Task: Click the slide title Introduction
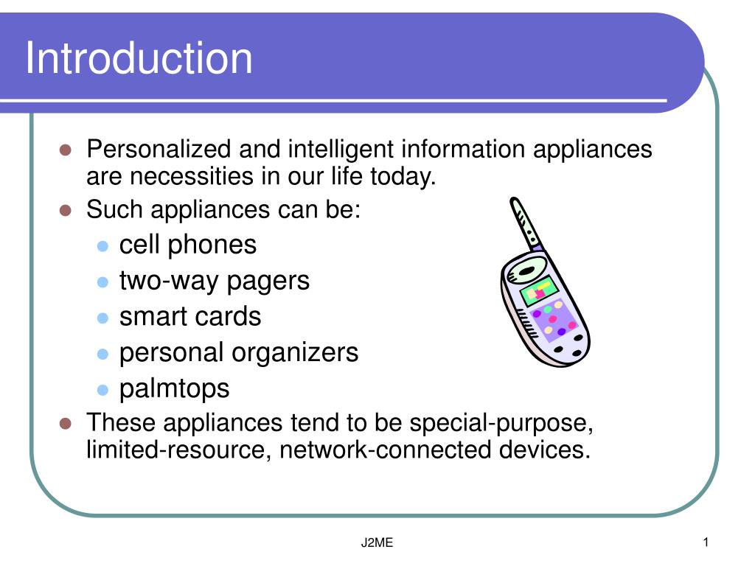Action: pyautogui.click(x=139, y=59)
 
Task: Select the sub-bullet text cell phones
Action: pyautogui.click(x=188, y=245)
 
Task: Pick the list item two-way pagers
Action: pyautogui.click(x=215, y=281)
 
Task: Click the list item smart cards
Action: pyautogui.click(x=190, y=317)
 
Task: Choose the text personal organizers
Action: pyautogui.click(x=239, y=352)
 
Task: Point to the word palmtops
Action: pyautogui.click(x=175, y=388)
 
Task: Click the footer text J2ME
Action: pyautogui.click(x=377, y=544)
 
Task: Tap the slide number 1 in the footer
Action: pyautogui.click(x=705, y=544)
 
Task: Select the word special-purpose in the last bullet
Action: pyautogui.click(x=501, y=424)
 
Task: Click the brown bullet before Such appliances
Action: pyautogui.click(x=66, y=210)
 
